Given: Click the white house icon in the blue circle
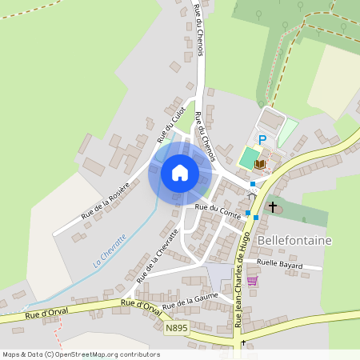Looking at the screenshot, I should click(x=179, y=173).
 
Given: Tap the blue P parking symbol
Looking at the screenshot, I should click(x=262, y=139).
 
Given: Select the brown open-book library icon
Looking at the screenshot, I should click(x=259, y=164).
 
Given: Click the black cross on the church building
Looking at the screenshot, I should click(x=273, y=207).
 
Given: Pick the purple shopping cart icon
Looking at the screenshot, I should click(x=253, y=281).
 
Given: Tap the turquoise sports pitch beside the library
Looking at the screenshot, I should click(x=250, y=154).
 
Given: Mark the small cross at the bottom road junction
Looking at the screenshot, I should click(x=243, y=342).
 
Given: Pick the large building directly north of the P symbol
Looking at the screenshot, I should click(x=273, y=122).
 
